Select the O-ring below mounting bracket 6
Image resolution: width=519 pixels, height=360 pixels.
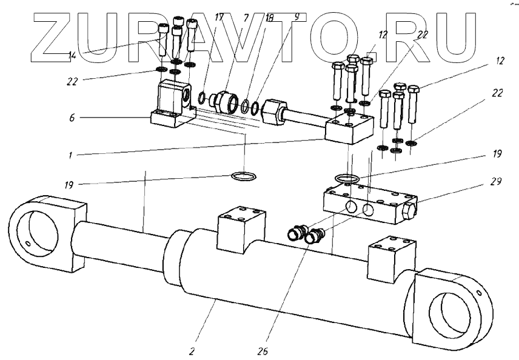tap(245, 176)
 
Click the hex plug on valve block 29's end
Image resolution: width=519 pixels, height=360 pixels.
tap(410, 212)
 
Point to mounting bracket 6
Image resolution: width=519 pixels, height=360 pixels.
tap(170, 106)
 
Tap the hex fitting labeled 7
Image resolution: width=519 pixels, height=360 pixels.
tap(230, 101)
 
